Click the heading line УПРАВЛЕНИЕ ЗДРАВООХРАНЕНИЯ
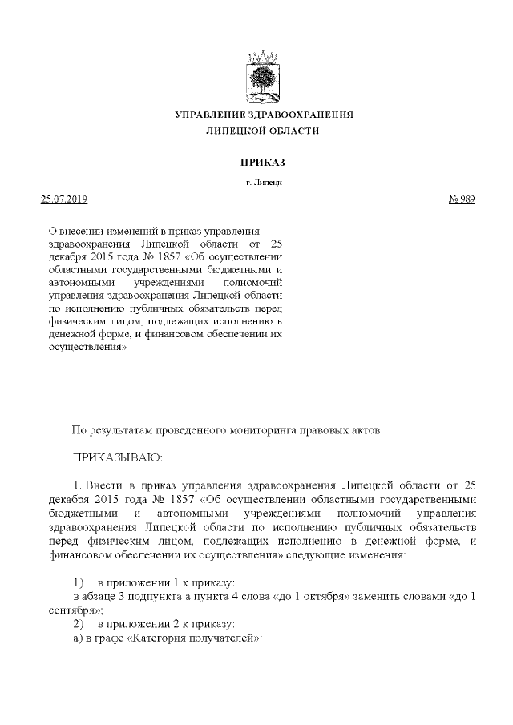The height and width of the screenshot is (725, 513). pos(264,115)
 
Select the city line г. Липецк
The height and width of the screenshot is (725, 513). pos(264,183)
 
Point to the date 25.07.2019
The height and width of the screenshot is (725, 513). pos(63,199)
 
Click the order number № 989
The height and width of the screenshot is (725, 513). pos(461,199)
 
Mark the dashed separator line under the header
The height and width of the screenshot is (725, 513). pos(263,150)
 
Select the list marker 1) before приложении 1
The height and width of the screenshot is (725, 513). pos(79,582)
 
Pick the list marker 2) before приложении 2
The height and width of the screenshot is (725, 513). pos(79,622)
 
